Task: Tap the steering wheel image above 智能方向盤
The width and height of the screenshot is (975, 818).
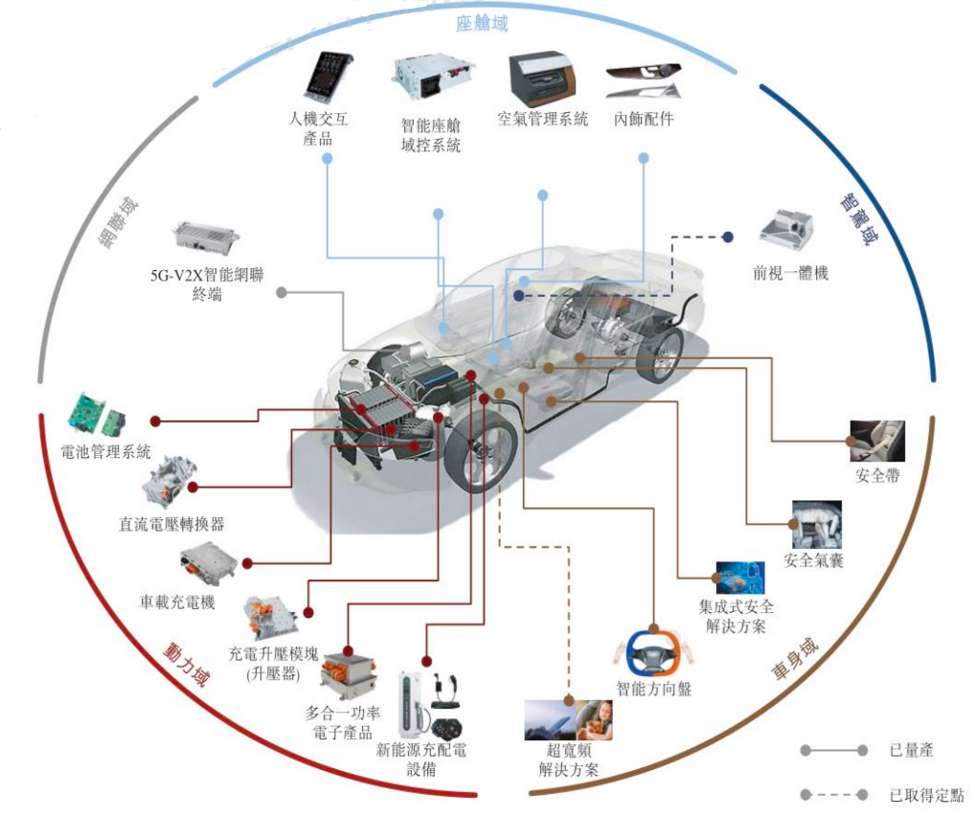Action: (x=651, y=654)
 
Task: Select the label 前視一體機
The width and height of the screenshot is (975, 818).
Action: (x=790, y=273)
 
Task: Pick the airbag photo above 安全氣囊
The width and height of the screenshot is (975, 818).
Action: (x=816, y=523)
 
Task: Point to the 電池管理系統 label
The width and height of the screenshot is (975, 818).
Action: (x=105, y=452)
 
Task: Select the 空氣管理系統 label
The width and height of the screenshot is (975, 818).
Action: (x=542, y=120)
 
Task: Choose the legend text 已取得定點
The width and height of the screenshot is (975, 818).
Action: (x=925, y=795)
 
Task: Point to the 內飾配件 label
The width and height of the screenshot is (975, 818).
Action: (x=644, y=120)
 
